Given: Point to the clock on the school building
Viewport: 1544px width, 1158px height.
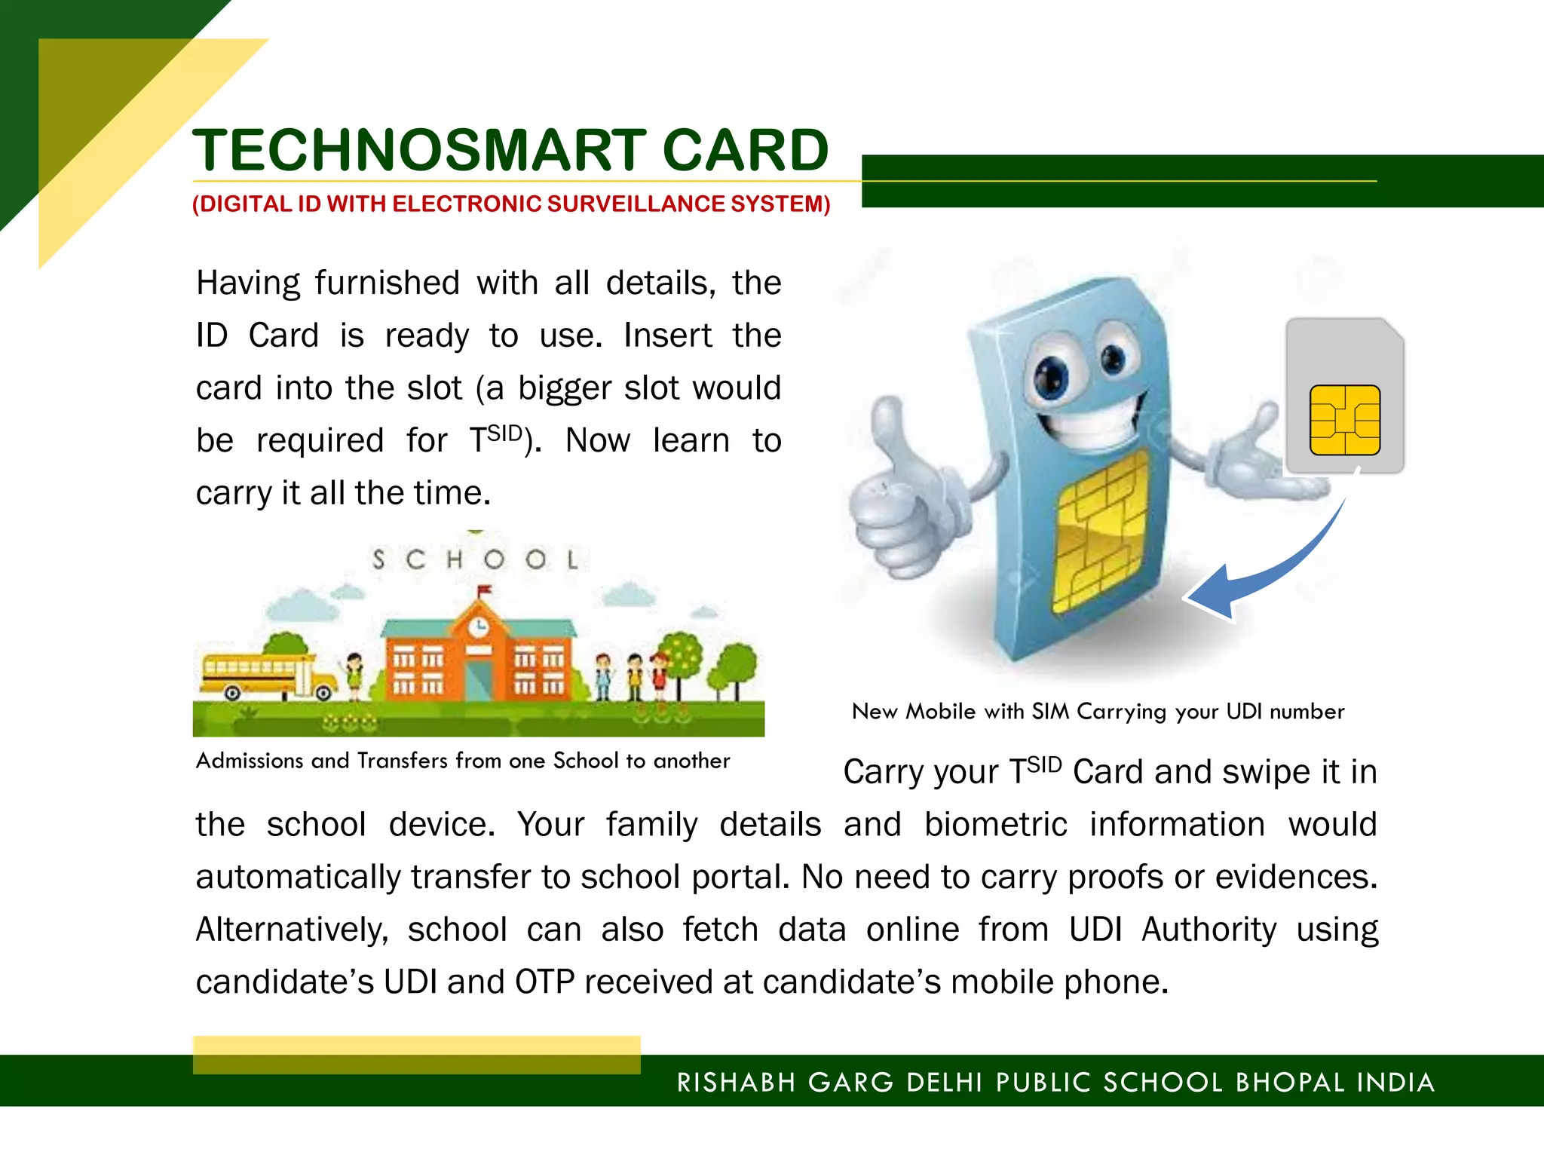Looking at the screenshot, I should click(x=478, y=626).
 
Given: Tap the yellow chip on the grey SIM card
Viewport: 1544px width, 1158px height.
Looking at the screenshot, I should click(x=1344, y=420).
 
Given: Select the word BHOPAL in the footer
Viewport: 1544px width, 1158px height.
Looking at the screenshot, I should click(x=1290, y=1083).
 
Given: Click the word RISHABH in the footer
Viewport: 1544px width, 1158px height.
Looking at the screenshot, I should click(x=737, y=1083).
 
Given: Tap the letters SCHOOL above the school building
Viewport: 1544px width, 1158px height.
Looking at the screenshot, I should click(x=476, y=559).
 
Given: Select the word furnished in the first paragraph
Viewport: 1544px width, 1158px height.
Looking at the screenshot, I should click(x=387, y=283).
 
